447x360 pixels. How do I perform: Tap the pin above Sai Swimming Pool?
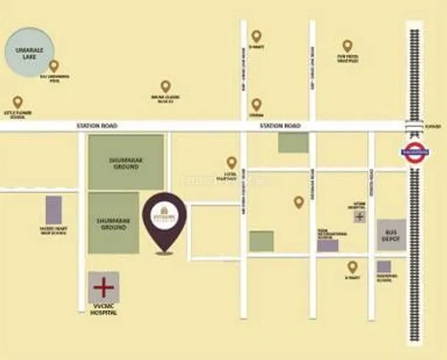54,66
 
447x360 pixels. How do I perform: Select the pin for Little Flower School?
18,102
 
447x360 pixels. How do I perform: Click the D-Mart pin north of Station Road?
256,36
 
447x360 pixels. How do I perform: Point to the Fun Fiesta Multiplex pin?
347,46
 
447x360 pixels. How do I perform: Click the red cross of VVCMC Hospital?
102,288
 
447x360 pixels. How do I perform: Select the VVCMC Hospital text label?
102,311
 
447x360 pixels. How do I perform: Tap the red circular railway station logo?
415,151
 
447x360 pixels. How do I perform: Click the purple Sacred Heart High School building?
54,210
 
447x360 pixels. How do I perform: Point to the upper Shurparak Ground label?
126,162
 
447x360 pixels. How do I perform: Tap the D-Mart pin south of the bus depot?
352,267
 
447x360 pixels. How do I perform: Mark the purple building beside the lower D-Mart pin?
383,267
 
